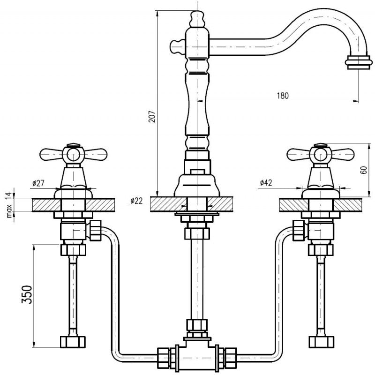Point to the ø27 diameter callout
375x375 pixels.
[39, 183]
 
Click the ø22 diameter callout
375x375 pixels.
[137, 201]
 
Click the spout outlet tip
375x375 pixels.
[354, 62]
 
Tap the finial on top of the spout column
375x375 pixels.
[197, 19]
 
